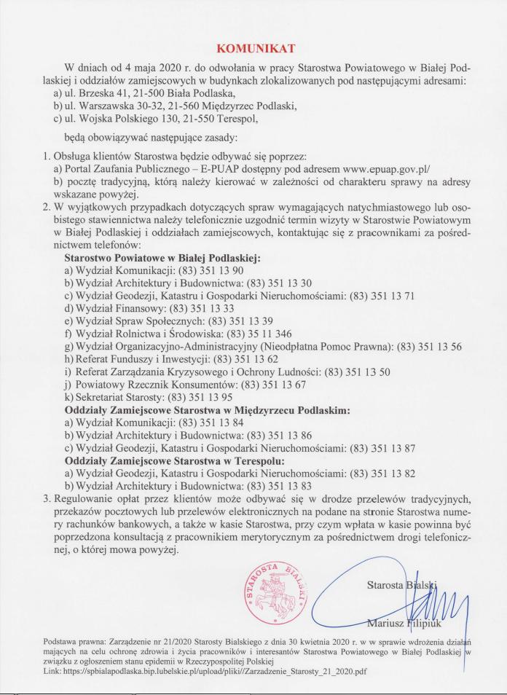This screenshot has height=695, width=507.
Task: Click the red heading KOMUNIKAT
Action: [253, 49]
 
